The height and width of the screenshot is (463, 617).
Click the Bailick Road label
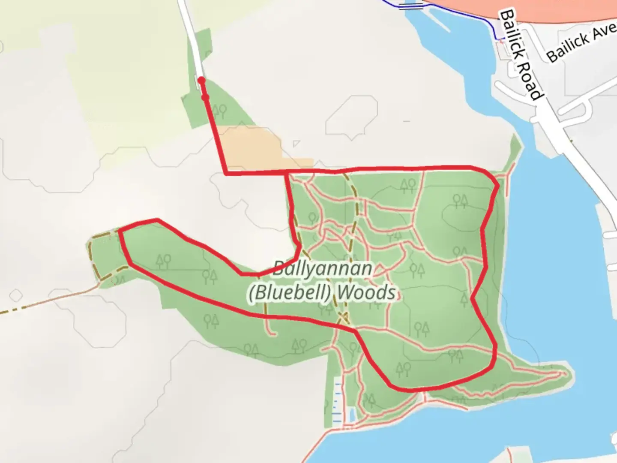[521, 55]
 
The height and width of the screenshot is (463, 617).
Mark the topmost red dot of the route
[201, 80]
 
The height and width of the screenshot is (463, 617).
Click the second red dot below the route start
[205, 98]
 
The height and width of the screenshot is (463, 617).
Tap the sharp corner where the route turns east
[226, 174]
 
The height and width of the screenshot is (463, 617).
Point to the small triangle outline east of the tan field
[296, 144]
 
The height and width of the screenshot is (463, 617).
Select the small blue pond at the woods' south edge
[352, 414]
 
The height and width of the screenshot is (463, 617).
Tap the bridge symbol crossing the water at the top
[411, 6]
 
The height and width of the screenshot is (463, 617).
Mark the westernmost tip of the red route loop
[120, 232]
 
